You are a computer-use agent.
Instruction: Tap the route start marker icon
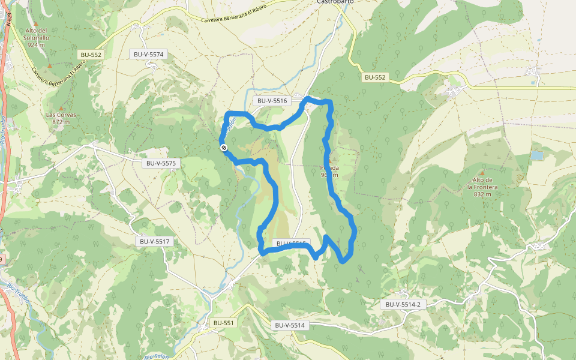(x=223, y=147)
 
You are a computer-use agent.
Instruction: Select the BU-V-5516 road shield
(x=272, y=101)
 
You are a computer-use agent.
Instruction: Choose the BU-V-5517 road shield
(x=155, y=241)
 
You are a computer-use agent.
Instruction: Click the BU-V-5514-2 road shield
(x=401, y=304)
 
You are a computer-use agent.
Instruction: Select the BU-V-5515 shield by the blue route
(x=291, y=244)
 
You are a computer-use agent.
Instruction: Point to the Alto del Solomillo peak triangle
(x=35, y=23)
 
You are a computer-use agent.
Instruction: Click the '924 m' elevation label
(x=37, y=44)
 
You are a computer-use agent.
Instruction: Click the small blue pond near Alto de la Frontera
(x=536, y=155)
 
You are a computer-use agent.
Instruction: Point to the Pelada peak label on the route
(x=330, y=168)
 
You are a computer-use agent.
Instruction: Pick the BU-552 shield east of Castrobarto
(x=376, y=77)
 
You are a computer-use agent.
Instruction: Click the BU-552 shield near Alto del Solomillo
(x=91, y=55)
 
